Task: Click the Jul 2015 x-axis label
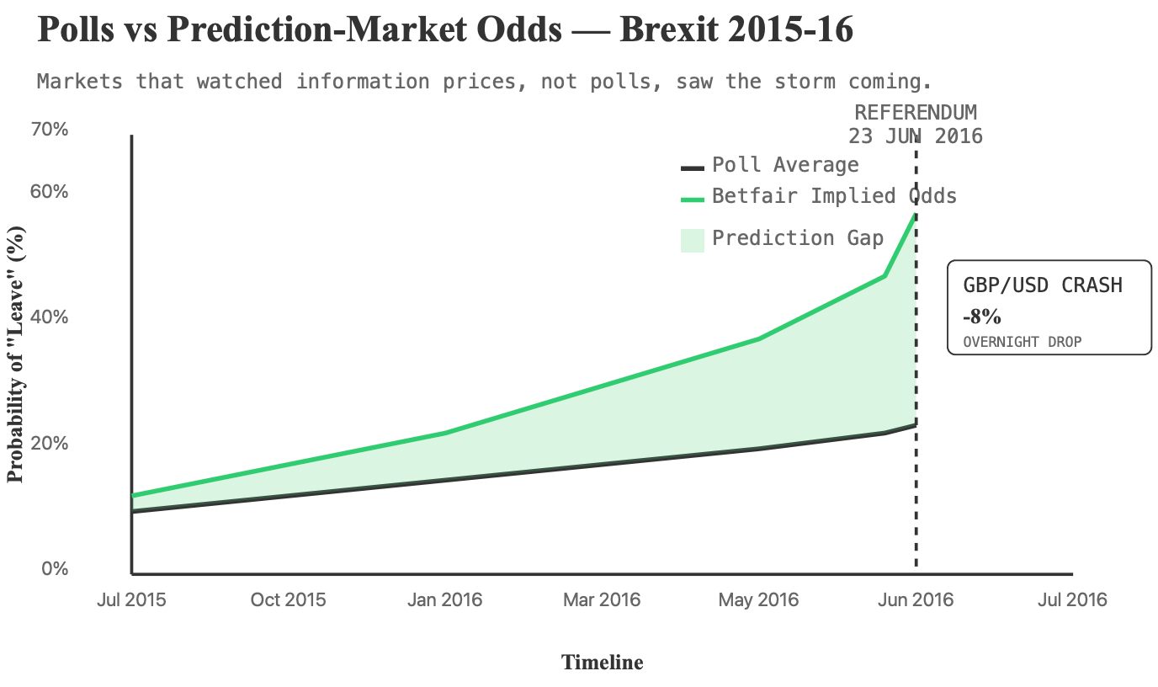(131, 600)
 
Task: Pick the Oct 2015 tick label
(288, 600)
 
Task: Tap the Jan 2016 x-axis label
(444, 600)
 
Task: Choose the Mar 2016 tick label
(602, 600)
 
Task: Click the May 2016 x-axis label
(758, 600)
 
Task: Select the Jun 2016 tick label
(916, 600)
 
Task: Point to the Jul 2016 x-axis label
(1072, 600)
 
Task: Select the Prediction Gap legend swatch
(692, 239)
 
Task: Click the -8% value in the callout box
(981, 317)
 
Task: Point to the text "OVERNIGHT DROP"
(1022, 342)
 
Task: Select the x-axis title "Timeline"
(602, 663)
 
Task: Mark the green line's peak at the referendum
(915, 215)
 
